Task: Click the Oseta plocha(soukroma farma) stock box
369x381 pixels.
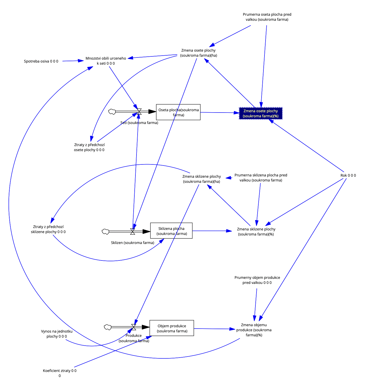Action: click(178, 112)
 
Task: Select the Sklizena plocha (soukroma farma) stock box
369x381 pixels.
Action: click(171, 231)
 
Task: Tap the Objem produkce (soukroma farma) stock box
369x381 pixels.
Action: click(172, 328)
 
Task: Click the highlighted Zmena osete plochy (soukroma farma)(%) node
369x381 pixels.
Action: click(260, 113)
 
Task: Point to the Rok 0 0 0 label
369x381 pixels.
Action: click(348, 175)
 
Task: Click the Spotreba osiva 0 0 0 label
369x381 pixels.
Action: click(41, 61)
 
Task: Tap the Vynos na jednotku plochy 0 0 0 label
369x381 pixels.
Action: click(57, 334)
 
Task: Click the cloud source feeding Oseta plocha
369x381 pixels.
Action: click(112, 111)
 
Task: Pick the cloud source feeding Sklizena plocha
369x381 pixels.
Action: click(106, 231)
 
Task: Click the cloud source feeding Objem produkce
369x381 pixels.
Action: click(107, 327)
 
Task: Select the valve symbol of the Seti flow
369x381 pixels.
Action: click(139, 111)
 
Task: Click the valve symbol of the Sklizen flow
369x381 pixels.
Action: click(133, 231)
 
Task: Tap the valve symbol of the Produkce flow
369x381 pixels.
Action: click(134, 327)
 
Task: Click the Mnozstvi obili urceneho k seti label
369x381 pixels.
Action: click(106, 61)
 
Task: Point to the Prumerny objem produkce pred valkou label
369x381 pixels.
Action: click(257, 280)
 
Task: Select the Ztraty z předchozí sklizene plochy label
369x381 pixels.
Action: click(48, 229)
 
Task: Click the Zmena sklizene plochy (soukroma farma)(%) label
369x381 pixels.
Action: click(256, 231)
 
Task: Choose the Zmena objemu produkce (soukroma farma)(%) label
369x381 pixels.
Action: click(254, 330)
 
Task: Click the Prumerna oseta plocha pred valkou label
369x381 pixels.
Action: click(267, 17)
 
